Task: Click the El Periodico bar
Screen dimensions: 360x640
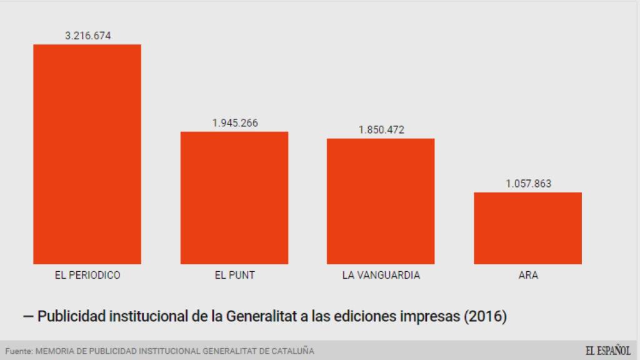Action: point(87,154)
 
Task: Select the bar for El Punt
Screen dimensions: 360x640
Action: point(234,197)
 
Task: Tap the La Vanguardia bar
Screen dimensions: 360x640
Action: point(381,201)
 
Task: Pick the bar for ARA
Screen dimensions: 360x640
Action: point(527,227)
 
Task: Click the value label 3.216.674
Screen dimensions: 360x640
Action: point(87,36)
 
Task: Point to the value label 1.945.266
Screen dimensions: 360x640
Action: point(234,123)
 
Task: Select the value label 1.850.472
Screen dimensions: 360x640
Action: point(381,130)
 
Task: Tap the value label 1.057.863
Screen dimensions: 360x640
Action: point(528,184)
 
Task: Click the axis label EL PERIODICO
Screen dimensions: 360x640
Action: point(87,275)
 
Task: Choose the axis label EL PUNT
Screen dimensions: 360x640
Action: point(234,275)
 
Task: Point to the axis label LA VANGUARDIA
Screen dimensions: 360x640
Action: point(381,275)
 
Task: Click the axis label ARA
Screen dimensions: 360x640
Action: point(528,275)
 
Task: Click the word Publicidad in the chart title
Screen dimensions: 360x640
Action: point(71,316)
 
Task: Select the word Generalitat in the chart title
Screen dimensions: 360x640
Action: point(259,316)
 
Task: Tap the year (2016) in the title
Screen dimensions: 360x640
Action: point(485,316)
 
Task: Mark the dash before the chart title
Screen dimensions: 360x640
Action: point(28,316)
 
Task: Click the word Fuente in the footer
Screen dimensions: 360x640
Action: point(18,351)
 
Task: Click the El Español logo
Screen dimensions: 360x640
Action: point(607,351)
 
